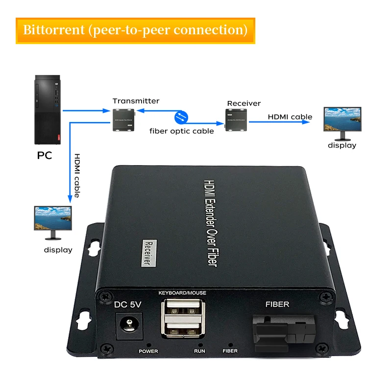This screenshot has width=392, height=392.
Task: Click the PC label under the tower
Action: pos(44,156)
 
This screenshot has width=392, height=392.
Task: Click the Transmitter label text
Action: pos(136,101)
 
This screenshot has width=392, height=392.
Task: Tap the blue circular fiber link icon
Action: pos(181,118)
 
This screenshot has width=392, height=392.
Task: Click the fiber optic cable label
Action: pos(181,131)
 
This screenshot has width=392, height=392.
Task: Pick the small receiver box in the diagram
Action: pos(236,119)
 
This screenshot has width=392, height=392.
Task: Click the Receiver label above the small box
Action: pos(244,104)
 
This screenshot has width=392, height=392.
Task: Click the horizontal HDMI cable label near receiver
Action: pos(290,117)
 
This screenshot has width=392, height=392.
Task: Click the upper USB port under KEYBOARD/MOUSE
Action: pos(182,308)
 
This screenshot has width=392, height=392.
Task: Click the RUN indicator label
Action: pos(199,351)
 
